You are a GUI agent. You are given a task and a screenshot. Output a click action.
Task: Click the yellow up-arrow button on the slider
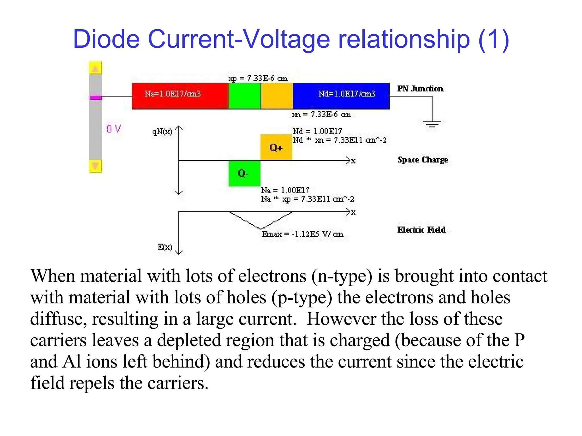click(x=95, y=68)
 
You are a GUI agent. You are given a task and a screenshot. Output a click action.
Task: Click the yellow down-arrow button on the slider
click(x=95, y=166)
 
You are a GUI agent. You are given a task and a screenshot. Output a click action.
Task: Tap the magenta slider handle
click(x=95, y=97)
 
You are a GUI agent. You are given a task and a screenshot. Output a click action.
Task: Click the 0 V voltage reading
click(x=114, y=129)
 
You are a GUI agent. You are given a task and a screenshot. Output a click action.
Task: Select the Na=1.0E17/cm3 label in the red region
click(x=172, y=94)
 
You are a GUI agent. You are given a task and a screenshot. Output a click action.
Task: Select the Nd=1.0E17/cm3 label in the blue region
click(x=347, y=94)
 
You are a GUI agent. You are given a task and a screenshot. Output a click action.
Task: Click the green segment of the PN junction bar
click(x=244, y=96)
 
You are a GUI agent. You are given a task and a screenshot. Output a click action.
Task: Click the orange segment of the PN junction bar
click(x=277, y=96)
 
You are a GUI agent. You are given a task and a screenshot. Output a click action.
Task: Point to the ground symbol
click(x=432, y=124)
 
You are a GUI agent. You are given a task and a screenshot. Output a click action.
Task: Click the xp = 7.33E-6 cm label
click(x=258, y=78)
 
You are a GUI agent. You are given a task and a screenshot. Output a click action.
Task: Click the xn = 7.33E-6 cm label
click(x=321, y=114)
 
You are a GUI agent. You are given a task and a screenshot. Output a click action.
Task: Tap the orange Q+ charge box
click(x=276, y=147)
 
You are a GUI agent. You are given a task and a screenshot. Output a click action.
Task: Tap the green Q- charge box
click(x=244, y=173)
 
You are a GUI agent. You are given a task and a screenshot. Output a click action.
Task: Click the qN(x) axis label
click(x=162, y=132)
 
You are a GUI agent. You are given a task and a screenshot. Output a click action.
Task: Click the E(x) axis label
click(x=165, y=247)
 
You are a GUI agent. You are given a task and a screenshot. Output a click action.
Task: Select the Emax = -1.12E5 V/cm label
click(x=303, y=234)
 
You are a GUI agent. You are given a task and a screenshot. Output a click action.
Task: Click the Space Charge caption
click(x=423, y=160)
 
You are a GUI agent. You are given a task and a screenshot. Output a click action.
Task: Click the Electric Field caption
click(x=421, y=230)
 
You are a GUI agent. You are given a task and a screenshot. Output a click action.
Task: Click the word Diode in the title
click(x=107, y=39)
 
